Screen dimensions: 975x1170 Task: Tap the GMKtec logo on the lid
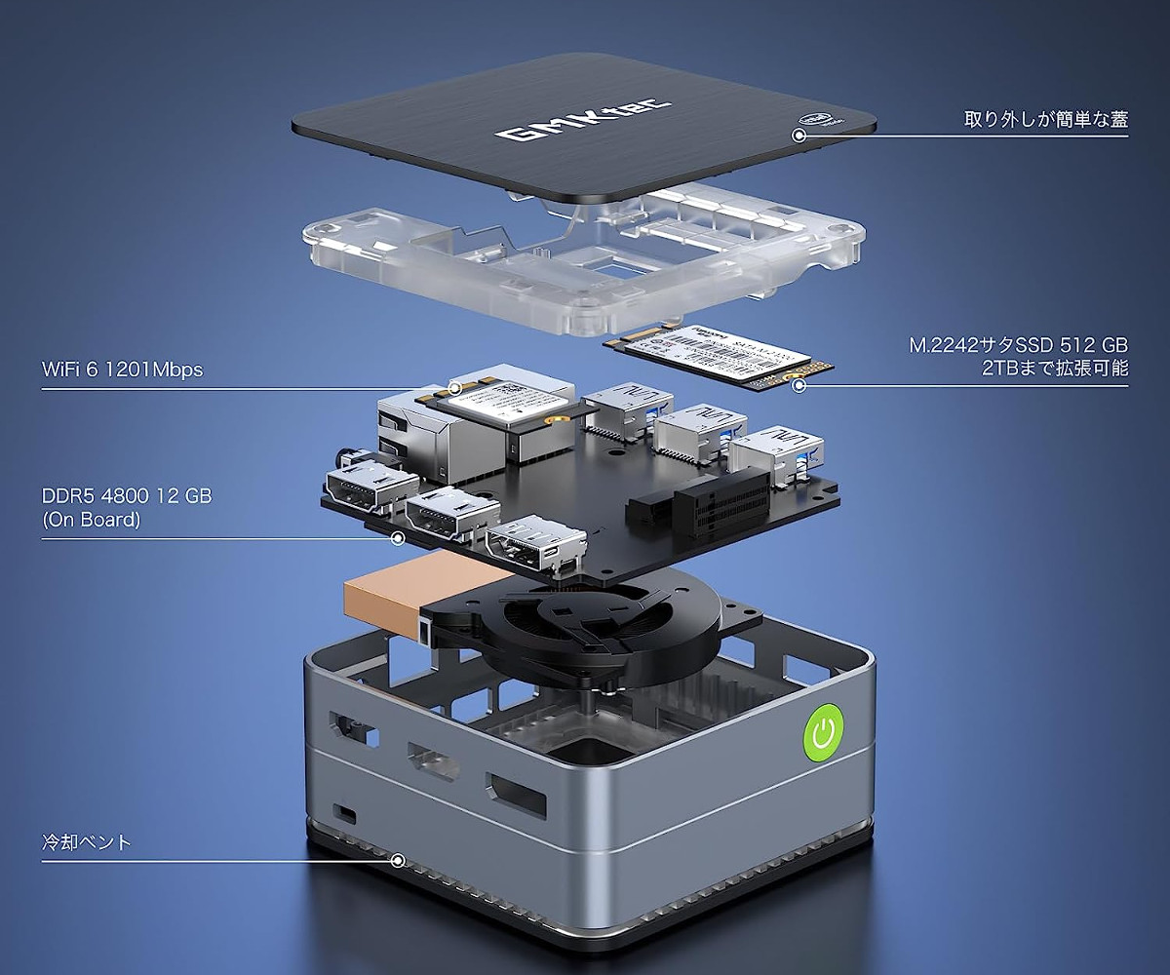pyautogui.click(x=582, y=118)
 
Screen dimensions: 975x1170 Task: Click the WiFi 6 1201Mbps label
pyautogui.click(x=123, y=370)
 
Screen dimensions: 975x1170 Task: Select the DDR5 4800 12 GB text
pyautogui.click(x=127, y=496)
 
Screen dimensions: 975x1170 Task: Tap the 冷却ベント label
pyautogui.click(x=87, y=842)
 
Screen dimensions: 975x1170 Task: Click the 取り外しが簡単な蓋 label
pyautogui.click(x=1045, y=119)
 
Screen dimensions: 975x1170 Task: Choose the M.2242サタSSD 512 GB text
pyautogui.click(x=1017, y=345)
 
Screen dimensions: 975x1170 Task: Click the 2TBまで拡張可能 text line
pyautogui.click(x=1055, y=369)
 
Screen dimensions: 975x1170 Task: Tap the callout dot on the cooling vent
pyautogui.click(x=397, y=860)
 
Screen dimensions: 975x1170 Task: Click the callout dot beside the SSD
pyautogui.click(x=799, y=385)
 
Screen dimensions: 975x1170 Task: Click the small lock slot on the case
pyautogui.click(x=344, y=812)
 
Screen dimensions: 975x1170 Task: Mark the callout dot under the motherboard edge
pyautogui.click(x=397, y=537)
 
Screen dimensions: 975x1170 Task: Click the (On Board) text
pyautogui.click(x=92, y=520)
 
